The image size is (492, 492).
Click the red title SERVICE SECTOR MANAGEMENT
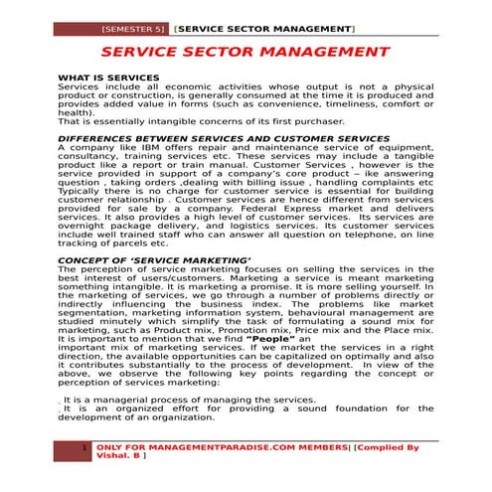click(x=245, y=52)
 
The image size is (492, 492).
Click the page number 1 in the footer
click(x=84, y=449)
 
